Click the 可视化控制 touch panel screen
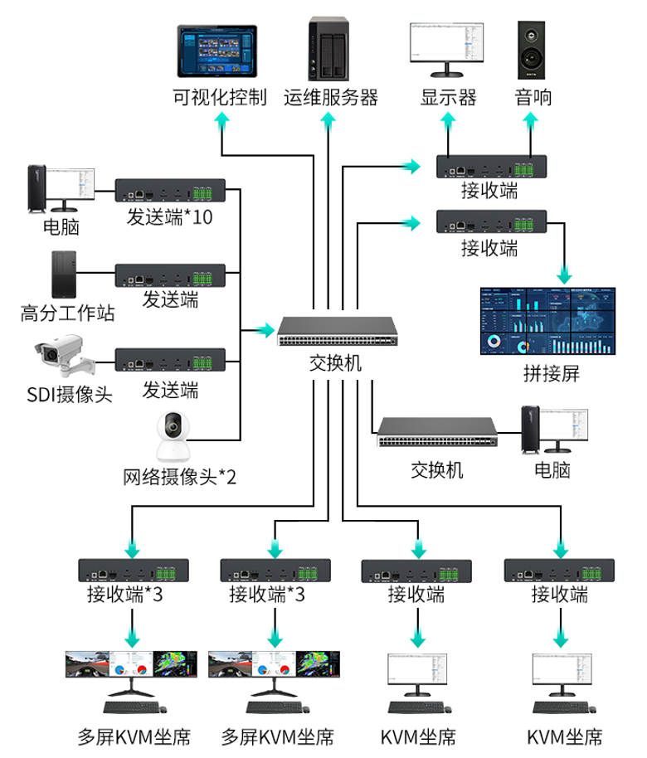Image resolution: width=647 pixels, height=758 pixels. pos(217,51)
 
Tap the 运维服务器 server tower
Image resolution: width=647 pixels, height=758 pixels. pos(328,49)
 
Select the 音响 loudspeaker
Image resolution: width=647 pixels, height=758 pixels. pos(531,50)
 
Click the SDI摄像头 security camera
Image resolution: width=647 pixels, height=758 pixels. pos(65,356)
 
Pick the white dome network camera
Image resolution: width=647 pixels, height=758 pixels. pos(173,436)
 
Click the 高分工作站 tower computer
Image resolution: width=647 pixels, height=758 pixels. pos(64,275)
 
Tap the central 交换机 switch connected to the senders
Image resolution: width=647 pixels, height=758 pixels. pos(337,331)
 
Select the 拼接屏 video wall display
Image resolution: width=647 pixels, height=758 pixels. pos(547,321)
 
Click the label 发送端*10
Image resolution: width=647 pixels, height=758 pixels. pos(170,217)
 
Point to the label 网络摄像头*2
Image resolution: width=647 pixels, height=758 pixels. pos(179,477)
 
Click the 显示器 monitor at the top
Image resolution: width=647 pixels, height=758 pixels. pos(447,49)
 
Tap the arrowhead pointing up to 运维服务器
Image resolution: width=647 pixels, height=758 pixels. pos(328,121)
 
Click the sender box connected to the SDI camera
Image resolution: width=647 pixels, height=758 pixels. pos(170,360)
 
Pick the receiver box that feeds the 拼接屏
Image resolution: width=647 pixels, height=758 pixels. pos(491,221)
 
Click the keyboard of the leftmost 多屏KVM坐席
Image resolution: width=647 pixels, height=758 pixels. pos(132,707)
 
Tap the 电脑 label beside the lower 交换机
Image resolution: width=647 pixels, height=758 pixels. pos(552,470)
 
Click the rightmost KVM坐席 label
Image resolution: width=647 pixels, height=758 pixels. pos(564,737)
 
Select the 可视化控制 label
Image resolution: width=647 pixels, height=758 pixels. pos(220,97)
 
